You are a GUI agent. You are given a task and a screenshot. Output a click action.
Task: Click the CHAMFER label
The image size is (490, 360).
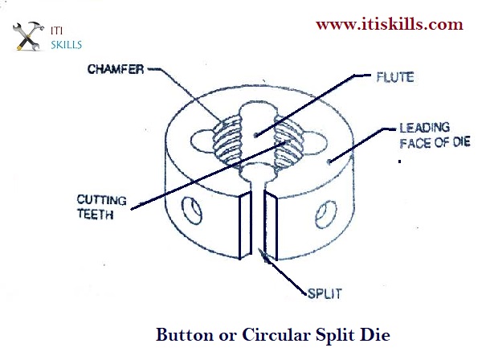tap(117, 68)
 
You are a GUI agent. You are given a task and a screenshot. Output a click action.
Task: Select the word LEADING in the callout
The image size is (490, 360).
tap(425, 128)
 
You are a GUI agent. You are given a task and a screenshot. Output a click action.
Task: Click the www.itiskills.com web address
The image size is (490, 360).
tap(389, 25)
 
